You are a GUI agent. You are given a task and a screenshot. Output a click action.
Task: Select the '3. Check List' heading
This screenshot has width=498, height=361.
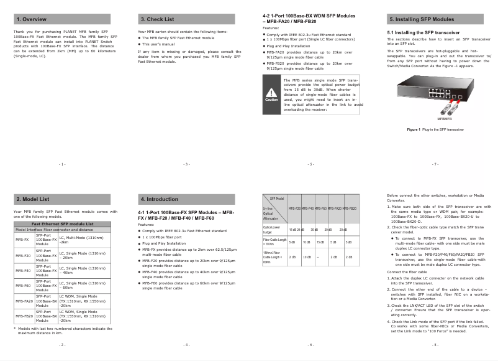(x=157, y=19)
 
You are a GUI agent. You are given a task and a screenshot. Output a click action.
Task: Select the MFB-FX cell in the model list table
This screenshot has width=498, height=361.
(x=23, y=238)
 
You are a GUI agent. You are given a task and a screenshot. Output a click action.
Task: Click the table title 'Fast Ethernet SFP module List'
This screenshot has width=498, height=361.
(x=63, y=223)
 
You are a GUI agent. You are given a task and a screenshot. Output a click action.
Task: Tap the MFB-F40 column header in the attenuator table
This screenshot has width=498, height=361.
(x=307, y=208)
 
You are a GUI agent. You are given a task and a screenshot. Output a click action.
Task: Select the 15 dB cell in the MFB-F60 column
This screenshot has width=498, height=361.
(x=320, y=241)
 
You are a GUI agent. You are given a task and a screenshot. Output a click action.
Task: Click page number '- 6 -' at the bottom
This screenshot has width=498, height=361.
(x=310, y=344)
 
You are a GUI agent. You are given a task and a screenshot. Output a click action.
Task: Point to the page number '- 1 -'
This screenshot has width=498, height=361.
(x=62, y=164)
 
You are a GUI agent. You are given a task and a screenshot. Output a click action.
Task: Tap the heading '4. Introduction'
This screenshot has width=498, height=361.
(x=159, y=199)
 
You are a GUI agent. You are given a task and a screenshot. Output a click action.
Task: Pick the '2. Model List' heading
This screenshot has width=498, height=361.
(x=32, y=199)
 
